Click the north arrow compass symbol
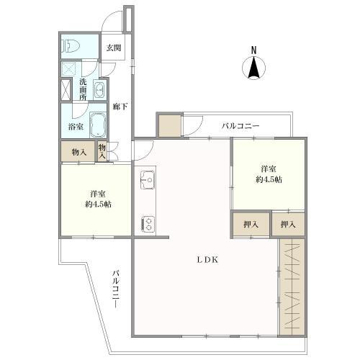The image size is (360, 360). coord(253,68)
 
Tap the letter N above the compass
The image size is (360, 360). coord(253,49)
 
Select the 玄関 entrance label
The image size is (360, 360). coord(114,48)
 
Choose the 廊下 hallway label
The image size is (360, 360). coord(120,107)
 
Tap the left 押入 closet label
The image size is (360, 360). coord(250,225)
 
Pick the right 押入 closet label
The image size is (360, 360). coord(287,225)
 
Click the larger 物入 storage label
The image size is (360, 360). coord(79,152)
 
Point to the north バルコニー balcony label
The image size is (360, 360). coord(241,127)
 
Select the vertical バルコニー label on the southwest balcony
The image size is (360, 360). coord(114,288)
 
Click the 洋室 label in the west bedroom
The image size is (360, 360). coord(99,194)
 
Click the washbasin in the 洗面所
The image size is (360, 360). coord(99,90)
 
